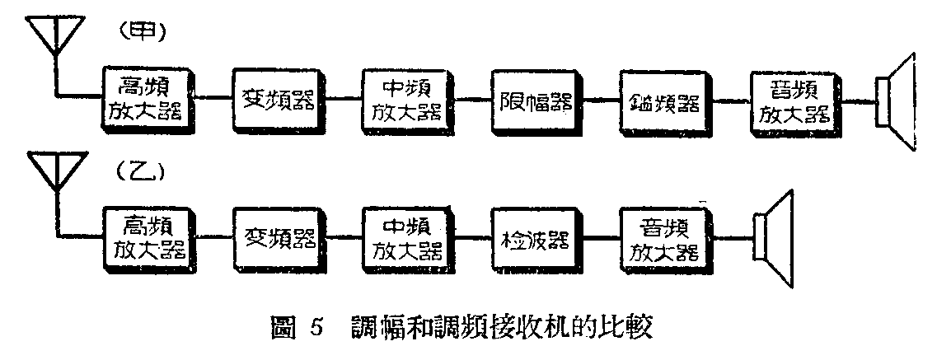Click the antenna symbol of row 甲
click(54, 37)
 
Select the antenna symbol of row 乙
click(54, 175)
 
